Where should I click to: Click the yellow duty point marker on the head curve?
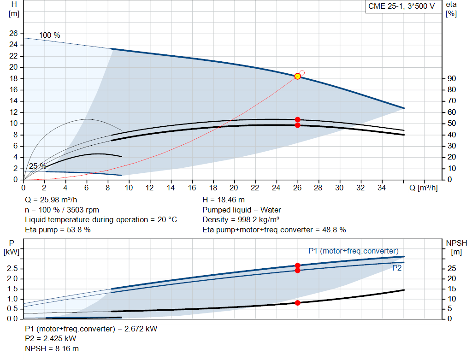297,76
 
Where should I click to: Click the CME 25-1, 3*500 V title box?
401,7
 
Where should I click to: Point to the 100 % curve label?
49,35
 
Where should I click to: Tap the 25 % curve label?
37,166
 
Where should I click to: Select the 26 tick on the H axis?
13,34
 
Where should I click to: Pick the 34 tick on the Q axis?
382,188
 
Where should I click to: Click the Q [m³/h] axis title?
424,188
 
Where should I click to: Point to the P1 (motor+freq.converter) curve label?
353,251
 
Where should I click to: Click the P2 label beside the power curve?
397,268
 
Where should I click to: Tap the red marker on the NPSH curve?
297,303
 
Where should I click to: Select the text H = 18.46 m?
224,200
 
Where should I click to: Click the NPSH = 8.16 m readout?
48,348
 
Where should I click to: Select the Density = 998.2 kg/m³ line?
241,219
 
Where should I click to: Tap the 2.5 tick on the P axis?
13,269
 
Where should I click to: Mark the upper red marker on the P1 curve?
297,266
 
